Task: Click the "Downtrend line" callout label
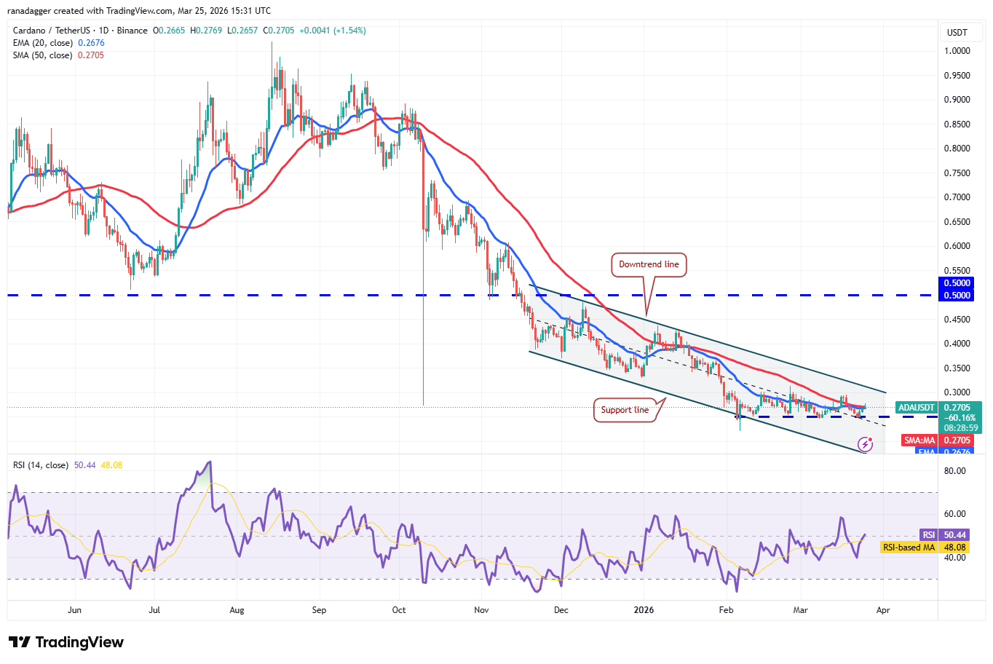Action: tap(649, 264)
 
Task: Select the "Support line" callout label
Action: tap(625, 410)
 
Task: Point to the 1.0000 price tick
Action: tap(957, 51)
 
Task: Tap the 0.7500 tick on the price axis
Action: tap(957, 173)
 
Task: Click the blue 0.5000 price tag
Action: tap(957, 283)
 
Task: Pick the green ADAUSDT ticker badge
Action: tap(916, 408)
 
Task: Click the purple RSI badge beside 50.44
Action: tap(928, 535)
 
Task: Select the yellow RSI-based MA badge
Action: tap(909, 548)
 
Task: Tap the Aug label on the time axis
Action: tap(237, 610)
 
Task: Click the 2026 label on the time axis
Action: tap(644, 610)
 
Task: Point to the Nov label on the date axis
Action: tap(481, 610)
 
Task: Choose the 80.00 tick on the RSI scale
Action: tap(954, 471)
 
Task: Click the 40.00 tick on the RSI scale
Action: tap(954, 558)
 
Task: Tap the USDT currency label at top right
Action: tap(957, 33)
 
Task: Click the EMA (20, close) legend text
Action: tap(43, 43)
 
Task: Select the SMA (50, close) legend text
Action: tap(43, 55)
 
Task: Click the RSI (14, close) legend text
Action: tap(41, 465)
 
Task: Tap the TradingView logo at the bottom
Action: tap(66, 642)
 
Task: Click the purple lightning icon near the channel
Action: tap(865, 443)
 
